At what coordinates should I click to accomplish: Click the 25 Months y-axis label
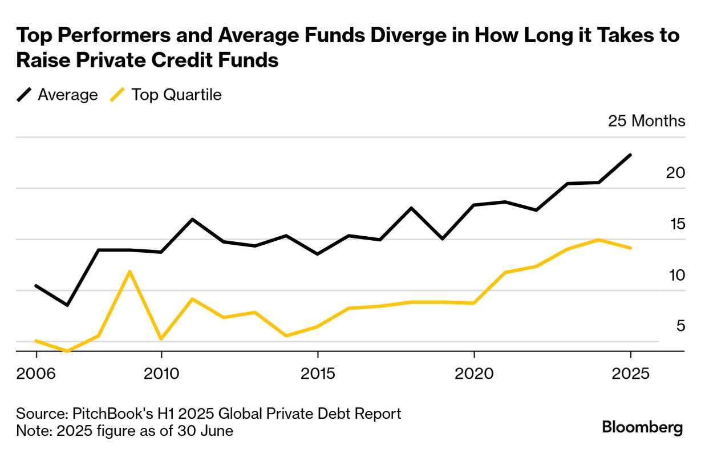click(x=646, y=121)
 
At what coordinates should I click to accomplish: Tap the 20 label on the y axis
click(x=675, y=173)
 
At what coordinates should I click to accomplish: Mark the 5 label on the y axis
click(x=679, y=326)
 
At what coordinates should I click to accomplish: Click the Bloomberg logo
click(x=642, y=428)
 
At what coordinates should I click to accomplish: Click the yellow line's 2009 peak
click(x=130, y=271)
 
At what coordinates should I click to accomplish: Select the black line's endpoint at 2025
click(x=630, y=155)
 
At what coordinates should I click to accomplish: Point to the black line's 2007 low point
click(x=67, y=305)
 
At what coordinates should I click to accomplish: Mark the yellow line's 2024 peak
click(x=599, y=240)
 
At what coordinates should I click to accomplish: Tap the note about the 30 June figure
click(x=124, y=431)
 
